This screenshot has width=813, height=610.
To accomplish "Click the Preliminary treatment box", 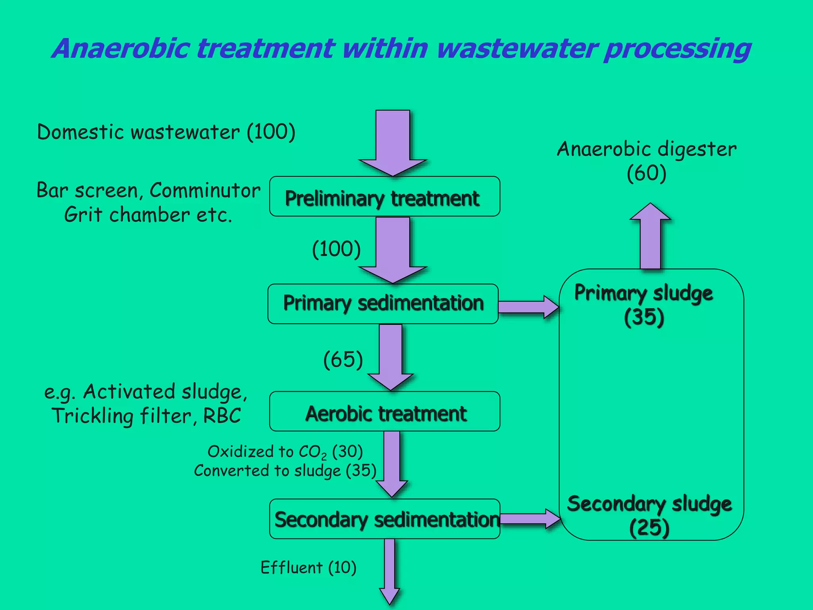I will pyautogui.click(x=384, y=197).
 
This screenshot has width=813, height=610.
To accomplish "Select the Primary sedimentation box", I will pyautogui.click(x=383, y=304).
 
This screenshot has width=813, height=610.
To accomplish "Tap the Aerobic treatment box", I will pyautogui.click(x=384, y=411).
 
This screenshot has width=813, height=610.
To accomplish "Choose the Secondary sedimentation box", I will pyautogui.click(x=384, y=519).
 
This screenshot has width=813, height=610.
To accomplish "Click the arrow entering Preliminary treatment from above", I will pyautogui.click(x=393, y=143).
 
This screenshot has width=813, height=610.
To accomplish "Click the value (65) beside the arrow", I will pyautogui.click(x=343, y=360).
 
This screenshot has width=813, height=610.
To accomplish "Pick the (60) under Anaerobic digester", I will pyautogui.click(x=646, y=174).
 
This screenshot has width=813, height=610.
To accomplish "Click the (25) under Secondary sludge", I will pyautogui.click(x=649, y=528).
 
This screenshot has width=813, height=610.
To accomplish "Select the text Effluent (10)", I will pyautogui.click(x=308, y=568).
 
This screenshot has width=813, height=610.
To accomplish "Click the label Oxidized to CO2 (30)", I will pyautogui.click(x=285, y=452).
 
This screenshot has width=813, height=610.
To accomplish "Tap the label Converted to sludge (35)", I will pyautogui.click(x=285, y=471).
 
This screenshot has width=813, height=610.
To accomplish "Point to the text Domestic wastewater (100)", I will pyautogui.click(x=166, y=132).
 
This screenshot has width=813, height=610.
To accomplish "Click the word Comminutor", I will pyautogui.click(x=205, y=191).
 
